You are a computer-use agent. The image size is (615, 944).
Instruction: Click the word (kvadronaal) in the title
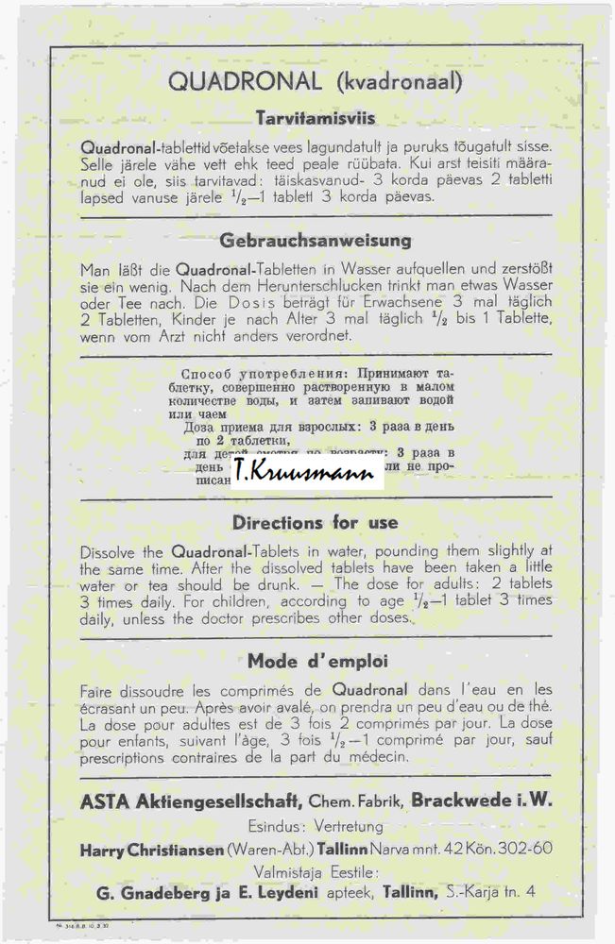pos(398,83)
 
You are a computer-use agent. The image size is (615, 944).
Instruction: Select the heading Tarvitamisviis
pos(316,119)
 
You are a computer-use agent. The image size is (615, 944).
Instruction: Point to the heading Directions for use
pos(316,522)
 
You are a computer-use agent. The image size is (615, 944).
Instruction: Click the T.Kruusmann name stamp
pos(304,470)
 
